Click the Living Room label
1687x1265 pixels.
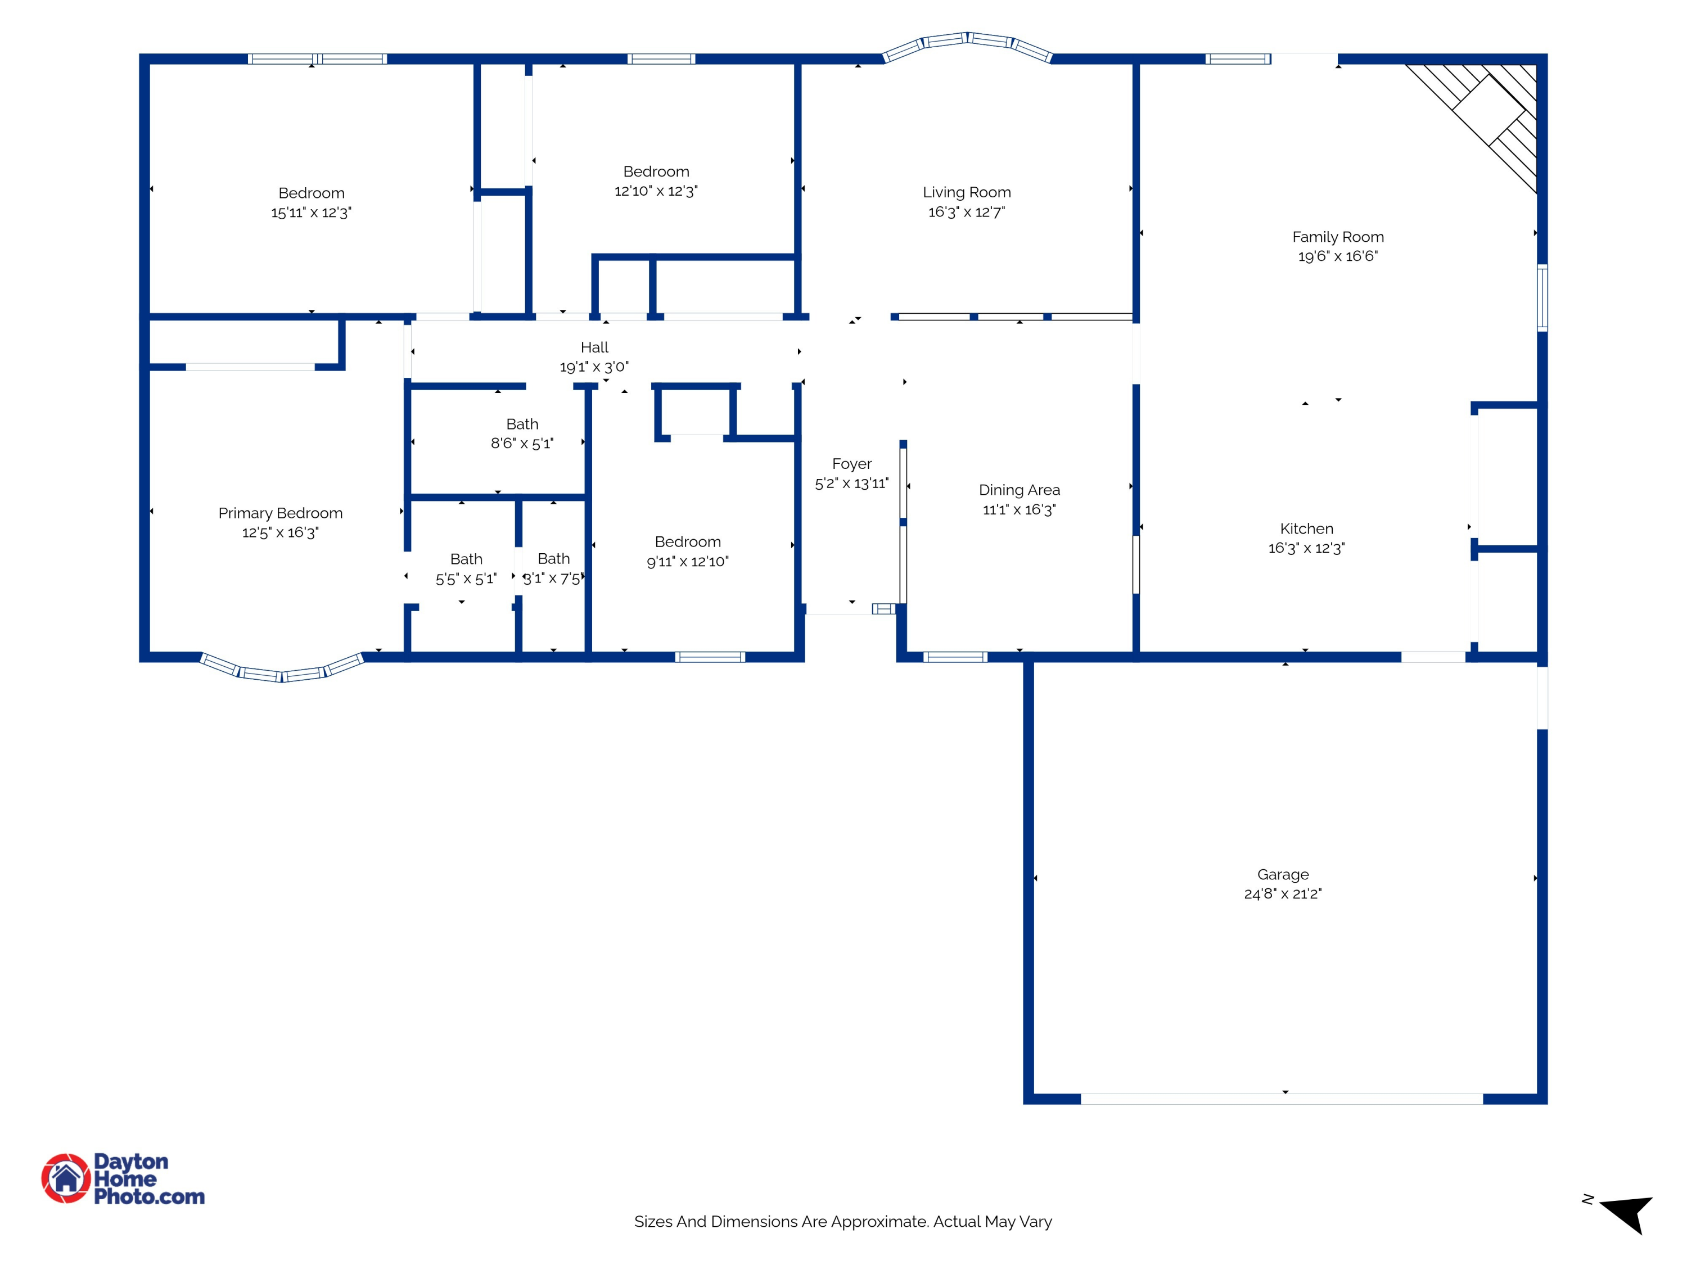966,192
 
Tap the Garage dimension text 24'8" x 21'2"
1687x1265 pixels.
1283,894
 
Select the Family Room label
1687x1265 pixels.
1338,237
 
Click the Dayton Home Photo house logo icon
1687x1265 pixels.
66,1178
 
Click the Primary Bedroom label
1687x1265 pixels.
281,513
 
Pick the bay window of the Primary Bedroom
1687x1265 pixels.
281,668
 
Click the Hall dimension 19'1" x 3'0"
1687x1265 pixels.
594,367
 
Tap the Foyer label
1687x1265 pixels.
852,464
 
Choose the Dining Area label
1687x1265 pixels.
1020,490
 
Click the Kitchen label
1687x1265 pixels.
1306,528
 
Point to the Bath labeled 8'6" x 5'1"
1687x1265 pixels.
522,424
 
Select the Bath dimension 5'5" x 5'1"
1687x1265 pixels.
466,579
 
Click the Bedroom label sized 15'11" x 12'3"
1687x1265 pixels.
311,193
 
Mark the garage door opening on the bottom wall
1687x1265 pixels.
1282,1099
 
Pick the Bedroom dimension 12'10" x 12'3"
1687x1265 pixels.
656,191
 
